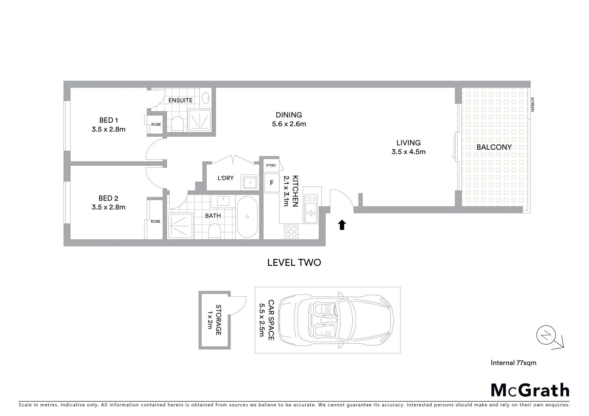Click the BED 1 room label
tap(108, 121)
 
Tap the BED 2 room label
tap(108, 198)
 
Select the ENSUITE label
tap(180, 101)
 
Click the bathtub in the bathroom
tap(247, 217)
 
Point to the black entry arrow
tap(342, 225)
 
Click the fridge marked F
tap(271, 183)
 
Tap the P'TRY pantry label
tap(271, 166)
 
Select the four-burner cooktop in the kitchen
tap(291, 231)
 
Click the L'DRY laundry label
tap(226, 178)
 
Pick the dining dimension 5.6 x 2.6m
tap(289, 124)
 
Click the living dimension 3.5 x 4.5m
tap(408, 152)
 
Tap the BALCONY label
tap(494, 147)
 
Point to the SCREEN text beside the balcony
tap(532, 104)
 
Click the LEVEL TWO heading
tap(294, 263)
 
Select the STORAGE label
tap(218, 320)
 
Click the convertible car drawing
tap(335, 320)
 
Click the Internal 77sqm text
tap(513, 362)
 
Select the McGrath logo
tap(530, 390)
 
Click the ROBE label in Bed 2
tap(155, 221)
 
